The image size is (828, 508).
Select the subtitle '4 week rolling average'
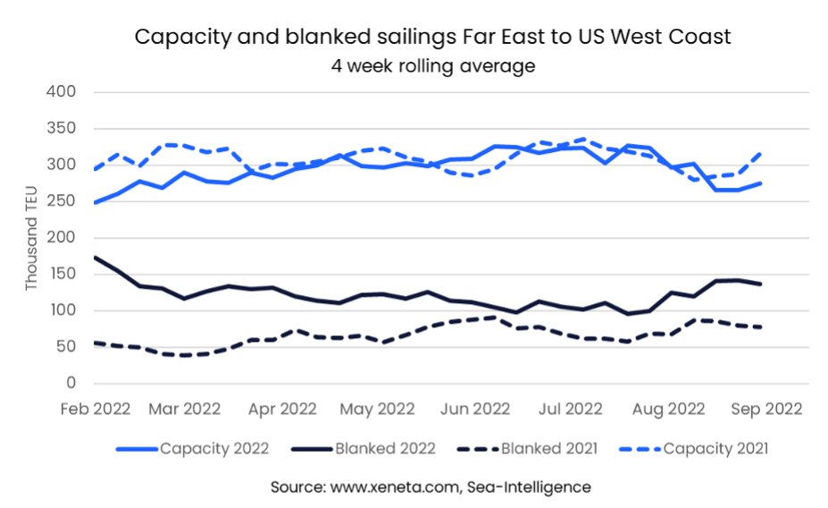(432, 66)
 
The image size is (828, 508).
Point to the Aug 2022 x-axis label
(669, 409)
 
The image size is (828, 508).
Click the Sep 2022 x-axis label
(765, 409)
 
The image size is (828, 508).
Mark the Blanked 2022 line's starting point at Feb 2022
(93, 258)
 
